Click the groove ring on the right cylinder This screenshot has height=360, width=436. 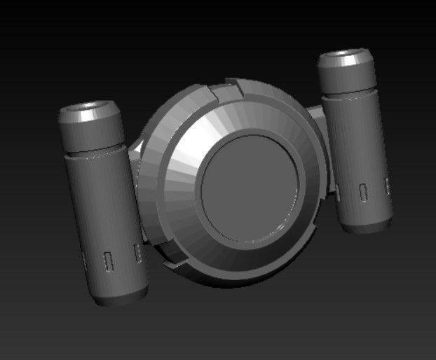tap(350, 93)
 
